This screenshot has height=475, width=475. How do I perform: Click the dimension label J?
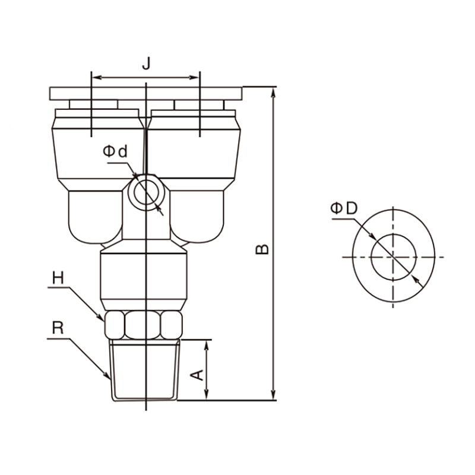146,64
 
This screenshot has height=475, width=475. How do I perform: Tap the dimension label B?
262,249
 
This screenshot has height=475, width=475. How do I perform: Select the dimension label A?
197,375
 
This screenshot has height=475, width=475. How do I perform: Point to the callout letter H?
58,277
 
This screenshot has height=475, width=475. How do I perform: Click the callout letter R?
58,328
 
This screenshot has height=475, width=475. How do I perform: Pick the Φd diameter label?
115,151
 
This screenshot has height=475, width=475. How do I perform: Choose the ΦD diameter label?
344,208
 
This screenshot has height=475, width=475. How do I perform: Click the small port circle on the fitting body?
146,192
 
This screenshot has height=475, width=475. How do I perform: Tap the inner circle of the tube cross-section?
394,257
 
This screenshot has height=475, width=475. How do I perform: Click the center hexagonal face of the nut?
142,325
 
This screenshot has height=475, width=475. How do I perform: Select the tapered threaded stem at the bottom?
144,370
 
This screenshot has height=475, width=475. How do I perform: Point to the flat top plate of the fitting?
145,94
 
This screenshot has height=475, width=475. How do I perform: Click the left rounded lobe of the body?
96,217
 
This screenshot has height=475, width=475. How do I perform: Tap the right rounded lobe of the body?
197,217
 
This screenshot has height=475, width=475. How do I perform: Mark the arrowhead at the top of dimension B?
273,92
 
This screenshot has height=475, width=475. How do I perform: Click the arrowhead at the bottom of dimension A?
206,395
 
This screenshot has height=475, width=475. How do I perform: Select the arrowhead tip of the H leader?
103,321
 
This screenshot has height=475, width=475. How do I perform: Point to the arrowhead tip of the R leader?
110,379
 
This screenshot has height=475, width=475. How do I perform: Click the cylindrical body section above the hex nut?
144,276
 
